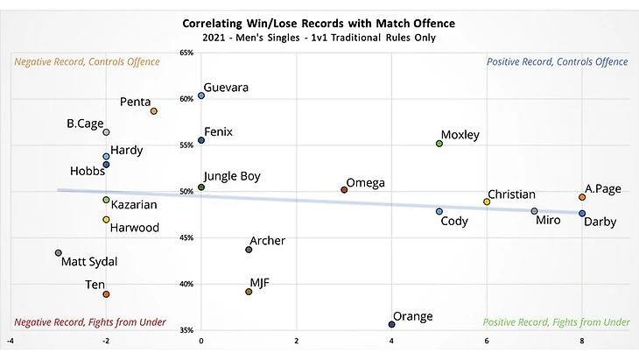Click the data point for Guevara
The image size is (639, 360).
(201, 95)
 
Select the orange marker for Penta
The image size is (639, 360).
(153, 111)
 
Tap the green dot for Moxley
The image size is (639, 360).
(439, 144)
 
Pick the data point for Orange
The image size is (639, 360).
(391, 324)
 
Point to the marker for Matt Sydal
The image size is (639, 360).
(59, 253)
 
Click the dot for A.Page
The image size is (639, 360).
(582, 197)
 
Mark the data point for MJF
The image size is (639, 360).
(249, 292)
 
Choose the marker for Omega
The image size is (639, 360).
(344, 190)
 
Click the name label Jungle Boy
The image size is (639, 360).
(232, 176)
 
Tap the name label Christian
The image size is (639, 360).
(511, 194)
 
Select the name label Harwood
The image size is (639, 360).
(135, 228)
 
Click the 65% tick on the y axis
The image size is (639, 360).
(186, 53)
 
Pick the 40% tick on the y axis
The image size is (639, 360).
(186, 284)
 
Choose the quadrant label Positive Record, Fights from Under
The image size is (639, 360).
(557, 322)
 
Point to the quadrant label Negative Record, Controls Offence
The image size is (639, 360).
(87, 62)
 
